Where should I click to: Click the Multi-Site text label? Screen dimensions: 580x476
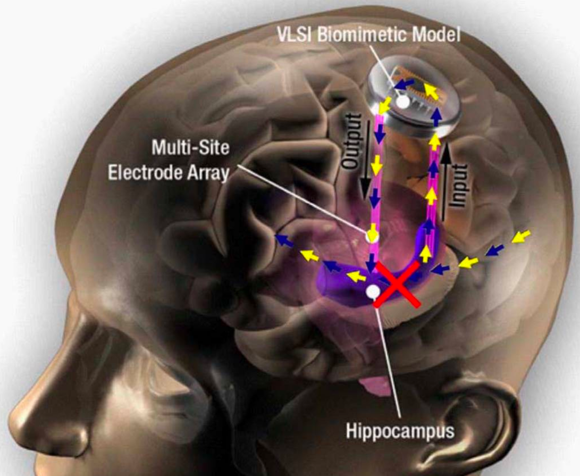click(x=190, y=148)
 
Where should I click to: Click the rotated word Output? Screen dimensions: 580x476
click(x=351, y=141)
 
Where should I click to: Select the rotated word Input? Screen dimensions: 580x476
click(x=459, y=185)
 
